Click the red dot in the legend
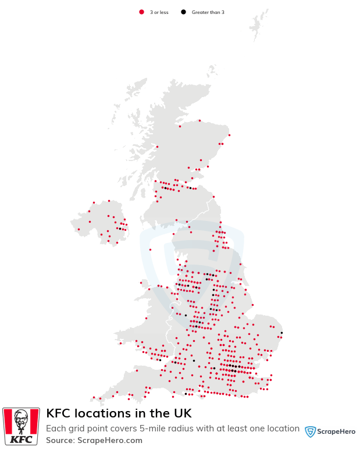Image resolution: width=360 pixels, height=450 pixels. pyautogui.click(x=141, y=12)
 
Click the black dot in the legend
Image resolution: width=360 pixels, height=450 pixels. pyautogui.click(x=183, y=12)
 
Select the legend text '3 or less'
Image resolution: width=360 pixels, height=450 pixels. pyautogui.click(x=159, y=12)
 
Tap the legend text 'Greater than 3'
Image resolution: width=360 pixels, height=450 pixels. pyautogui.click(x=208, y=12)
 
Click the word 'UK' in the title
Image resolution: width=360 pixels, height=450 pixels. pyautogui.click(x=181, y=413)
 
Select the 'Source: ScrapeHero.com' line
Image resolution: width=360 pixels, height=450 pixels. pyautogui.click(x=94, y=440)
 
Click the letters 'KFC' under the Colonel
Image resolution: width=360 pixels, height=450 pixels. pyautogui.click(x=22, y=438)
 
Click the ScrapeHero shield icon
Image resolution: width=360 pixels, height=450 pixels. pyautogui.click(x=311, y=431)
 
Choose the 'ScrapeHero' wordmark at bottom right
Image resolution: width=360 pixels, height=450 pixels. pyautogui.click(x=336, y=432)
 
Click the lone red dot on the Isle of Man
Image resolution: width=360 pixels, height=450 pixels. pyautogui.click(x=150, y=249)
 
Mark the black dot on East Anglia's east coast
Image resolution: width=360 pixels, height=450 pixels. pyautogui.click(x=281, y=333)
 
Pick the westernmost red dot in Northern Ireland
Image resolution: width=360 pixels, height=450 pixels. pyautogui.click(x=79, y=229)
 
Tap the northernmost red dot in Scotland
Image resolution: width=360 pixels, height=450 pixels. pyautogui.click(x=199, y=121)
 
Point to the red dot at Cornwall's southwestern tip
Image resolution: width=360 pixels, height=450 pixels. pyautogui.click(x=93, y=398)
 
